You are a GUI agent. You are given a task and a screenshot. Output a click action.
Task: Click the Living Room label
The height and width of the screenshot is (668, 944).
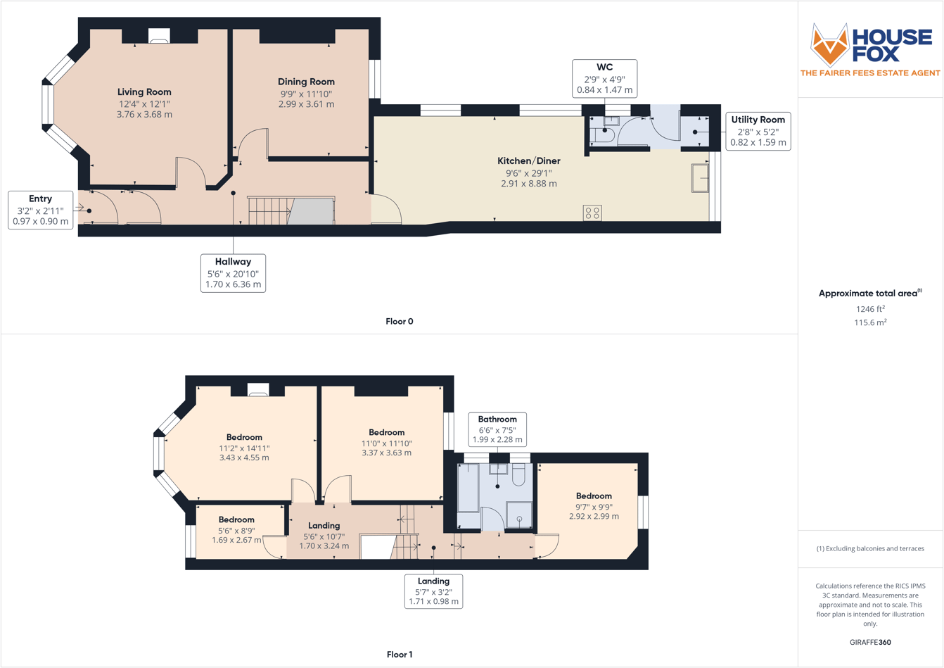[144, 92]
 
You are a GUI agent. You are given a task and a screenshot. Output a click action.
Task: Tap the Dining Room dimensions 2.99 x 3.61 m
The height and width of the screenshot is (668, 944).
[306, 104]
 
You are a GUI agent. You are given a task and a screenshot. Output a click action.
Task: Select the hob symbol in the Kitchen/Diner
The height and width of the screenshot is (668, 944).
[592, 213]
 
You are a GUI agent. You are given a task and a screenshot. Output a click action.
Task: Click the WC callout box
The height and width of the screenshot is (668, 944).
[604, 78]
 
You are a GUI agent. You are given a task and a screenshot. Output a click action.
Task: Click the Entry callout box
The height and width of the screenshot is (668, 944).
[40, 210]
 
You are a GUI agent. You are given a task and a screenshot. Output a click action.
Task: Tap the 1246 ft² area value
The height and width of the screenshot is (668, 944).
[870, 309]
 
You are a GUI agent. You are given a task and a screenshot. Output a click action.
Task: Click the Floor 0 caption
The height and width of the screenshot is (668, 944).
[400, 322]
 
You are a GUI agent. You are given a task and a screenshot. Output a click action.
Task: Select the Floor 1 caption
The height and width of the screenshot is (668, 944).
[400, 655]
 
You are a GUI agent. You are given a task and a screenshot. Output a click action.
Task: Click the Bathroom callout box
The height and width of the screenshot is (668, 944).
[497, 429]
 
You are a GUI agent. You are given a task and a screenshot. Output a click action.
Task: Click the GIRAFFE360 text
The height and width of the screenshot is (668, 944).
[870, 642]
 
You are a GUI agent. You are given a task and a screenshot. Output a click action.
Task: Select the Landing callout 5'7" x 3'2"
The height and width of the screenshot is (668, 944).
[433, 591]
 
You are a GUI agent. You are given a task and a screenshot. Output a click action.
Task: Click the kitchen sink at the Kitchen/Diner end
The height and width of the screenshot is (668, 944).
[700, 178]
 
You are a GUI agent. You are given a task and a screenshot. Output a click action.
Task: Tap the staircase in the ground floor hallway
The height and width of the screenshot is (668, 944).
[269, 210]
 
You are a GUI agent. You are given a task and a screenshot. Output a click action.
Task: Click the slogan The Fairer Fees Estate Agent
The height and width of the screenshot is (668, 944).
[870, 73]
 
